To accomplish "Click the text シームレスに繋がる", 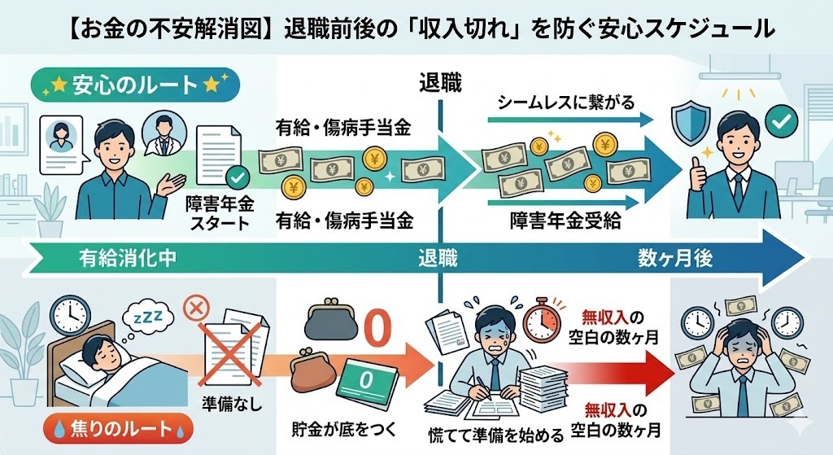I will pyautogui.click(x=565, y=103).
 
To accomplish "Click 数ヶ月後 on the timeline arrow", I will pyautogui.click(x=675, y=259).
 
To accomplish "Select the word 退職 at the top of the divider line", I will pyautogui.click(x=439, y=81).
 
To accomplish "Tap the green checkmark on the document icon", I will pyautogui.click(x=237, y=176).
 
